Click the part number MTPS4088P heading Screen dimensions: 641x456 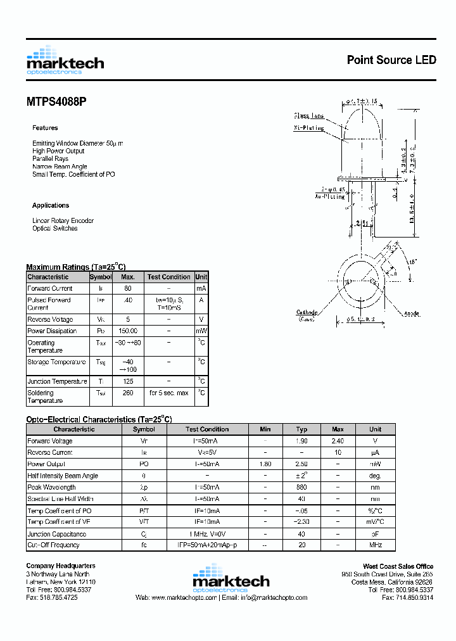coord(56,101)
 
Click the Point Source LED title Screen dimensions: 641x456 coord(391,60)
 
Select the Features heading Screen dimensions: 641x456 coord(45,128)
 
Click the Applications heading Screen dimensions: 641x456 coord(51,205)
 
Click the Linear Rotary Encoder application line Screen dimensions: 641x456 coord(63,220)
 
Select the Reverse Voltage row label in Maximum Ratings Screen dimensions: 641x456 coord(50,319)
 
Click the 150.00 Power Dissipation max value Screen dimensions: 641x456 coord(128,331)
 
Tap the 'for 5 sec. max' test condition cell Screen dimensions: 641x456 coord(168,393)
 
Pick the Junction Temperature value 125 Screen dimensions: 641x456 coord(128,381)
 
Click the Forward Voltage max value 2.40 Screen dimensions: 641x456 coord(338,441)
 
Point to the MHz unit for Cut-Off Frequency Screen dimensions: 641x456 coord(376,545)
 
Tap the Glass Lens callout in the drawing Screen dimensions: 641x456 coord(308,115)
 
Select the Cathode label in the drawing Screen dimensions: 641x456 coord(307,312)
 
